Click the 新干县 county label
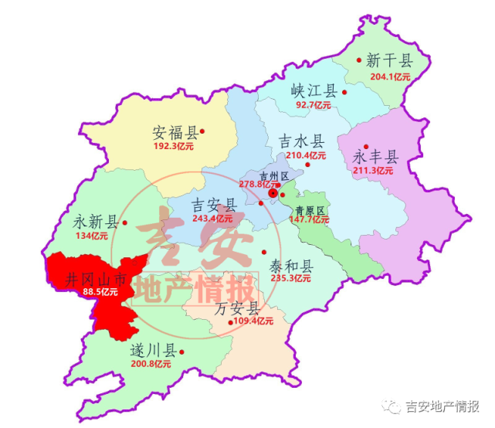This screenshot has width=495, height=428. click(x=389, y=60)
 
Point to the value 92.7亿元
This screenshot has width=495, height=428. click(x=314, y=105)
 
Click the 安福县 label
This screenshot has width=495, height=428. click(x=175, y=131)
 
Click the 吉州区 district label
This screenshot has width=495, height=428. click(x=274, y=176)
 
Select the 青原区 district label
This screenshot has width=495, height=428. click(x=310, y=210)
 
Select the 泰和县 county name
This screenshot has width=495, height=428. click(x=290, y=265)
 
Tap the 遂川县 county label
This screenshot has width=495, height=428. click(x=152, y=352)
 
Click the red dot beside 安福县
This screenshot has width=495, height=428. click(x=202, y=131)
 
